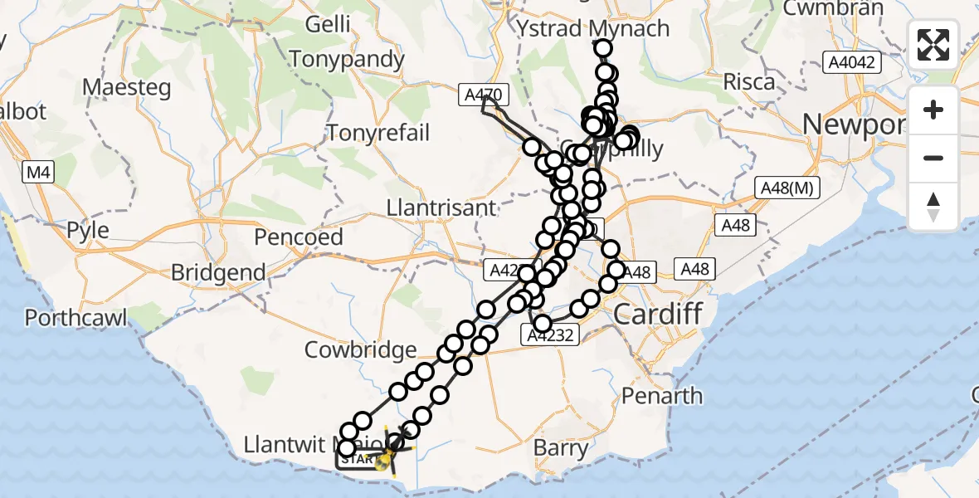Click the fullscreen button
tap(933, 45)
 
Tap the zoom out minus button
tap(933, 158)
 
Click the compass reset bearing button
tap(933, 206)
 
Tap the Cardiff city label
tap(658, 315)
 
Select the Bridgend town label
tap(218, 272)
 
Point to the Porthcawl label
tap(75, 317)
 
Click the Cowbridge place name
tap(360, 349)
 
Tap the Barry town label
tap(561, 448)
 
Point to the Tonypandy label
tap(347, 60)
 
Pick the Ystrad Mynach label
tap(592, 28)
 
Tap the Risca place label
tap(748, 81)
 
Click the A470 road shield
tap(482, 96)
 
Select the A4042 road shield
tap(852, 62)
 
